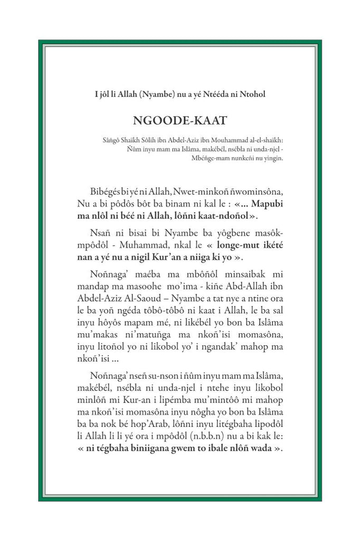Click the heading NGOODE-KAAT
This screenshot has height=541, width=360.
(179, 120)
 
